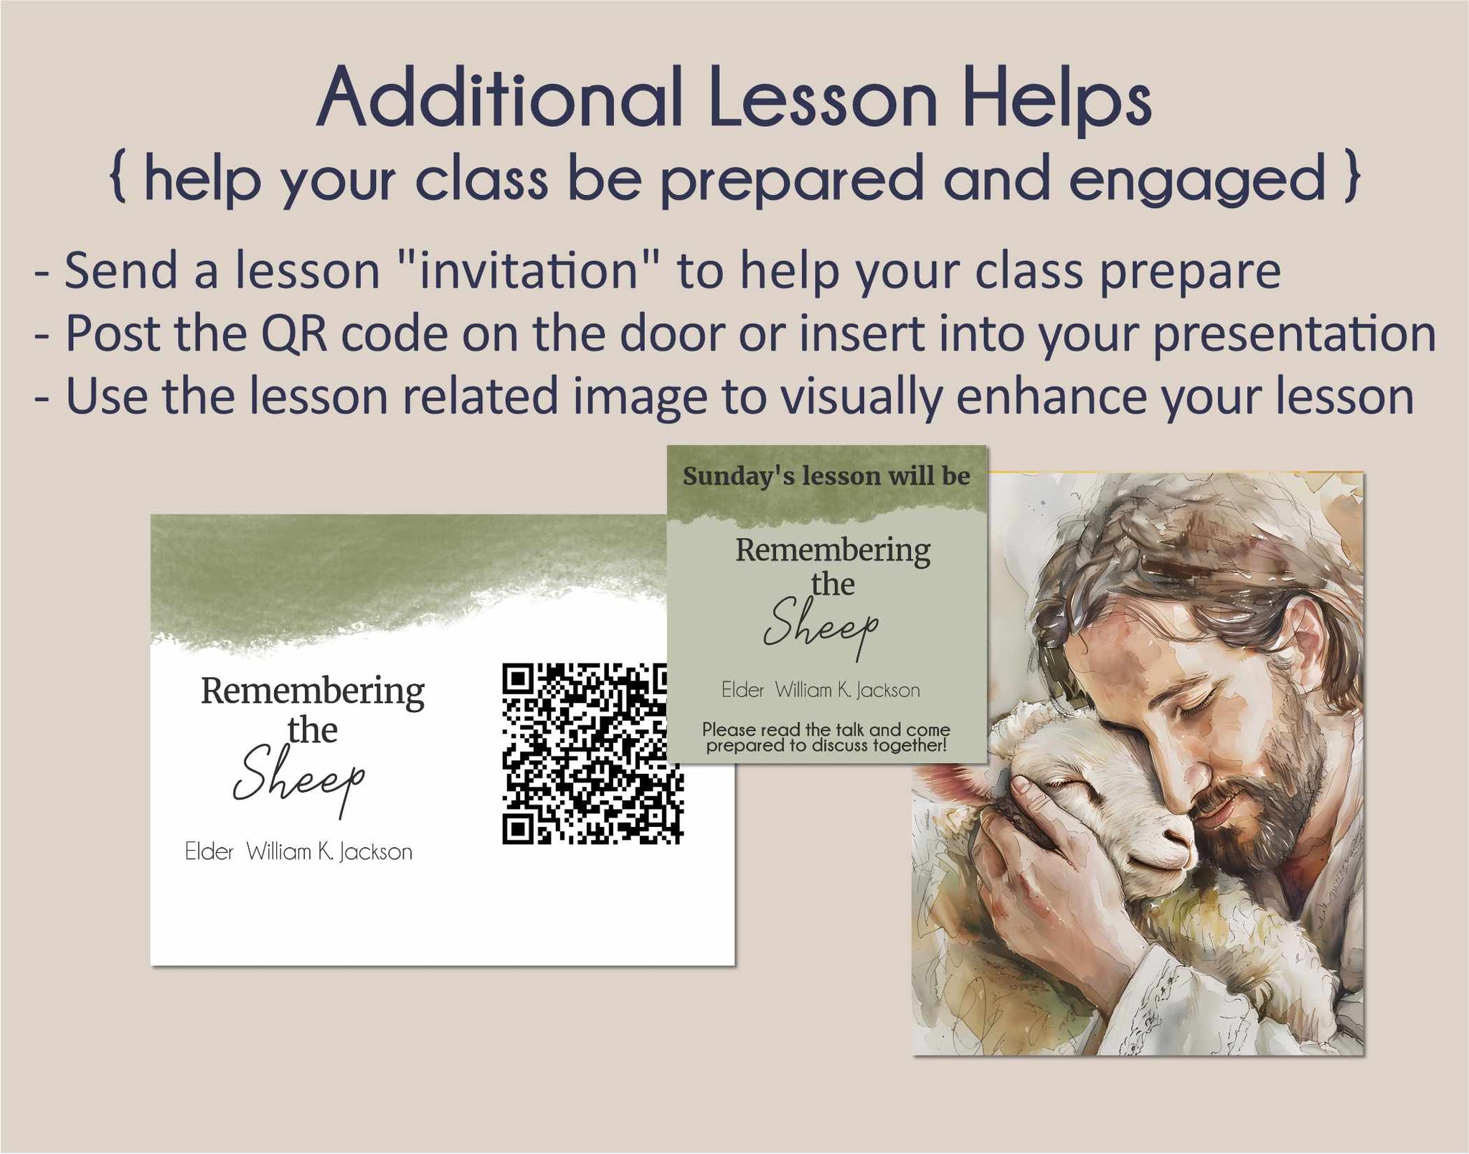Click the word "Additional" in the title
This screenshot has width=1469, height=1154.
tap(500, 98)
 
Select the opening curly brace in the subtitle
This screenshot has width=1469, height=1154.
tap(119, 179)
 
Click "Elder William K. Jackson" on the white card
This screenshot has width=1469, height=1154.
tap(299, 852)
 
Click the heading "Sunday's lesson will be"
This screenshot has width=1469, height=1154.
tap(826, 476)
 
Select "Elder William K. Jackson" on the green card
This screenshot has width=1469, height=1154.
tap(821, 690)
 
